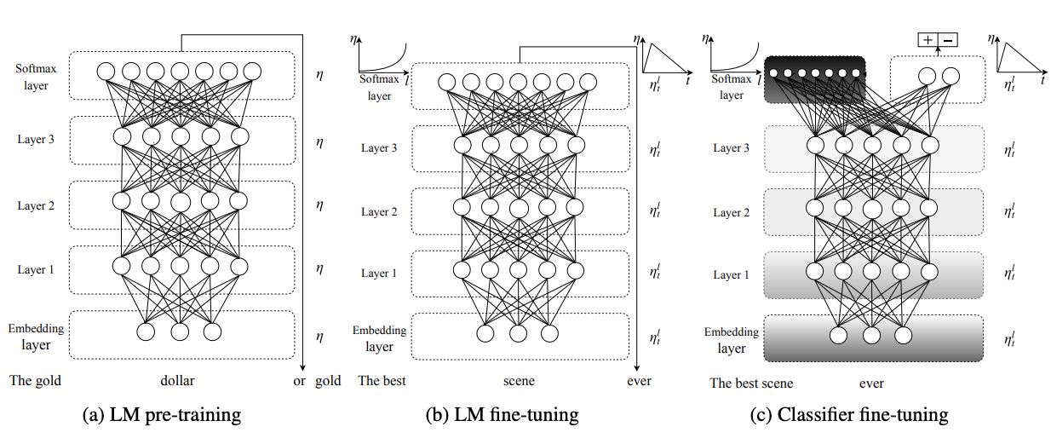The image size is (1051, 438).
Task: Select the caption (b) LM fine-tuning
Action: click(x=503, y=415)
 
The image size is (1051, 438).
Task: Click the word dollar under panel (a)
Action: click(x=180, y=381)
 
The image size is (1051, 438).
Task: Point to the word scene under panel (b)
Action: click(x=517, y=381)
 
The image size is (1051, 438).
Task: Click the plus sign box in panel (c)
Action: click(x=928, y=39)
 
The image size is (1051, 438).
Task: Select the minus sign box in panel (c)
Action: click(x=948, y=39)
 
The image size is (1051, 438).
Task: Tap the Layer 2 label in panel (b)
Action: click(x=379, y=211)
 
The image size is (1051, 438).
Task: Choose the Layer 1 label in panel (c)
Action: click(x=732, y=274)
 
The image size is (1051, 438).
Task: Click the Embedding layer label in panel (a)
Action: click(x=36, y=337)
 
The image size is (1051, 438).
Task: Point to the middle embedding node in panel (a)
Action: click(x=180, y=331)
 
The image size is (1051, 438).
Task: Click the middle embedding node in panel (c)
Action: click(x=871, y=334)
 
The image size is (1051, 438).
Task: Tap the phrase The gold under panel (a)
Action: click(x=36, y=381)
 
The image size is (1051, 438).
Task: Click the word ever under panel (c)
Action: click(x=872, y=383)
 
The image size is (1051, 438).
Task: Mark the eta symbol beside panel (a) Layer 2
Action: click(x=319, y=205)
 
